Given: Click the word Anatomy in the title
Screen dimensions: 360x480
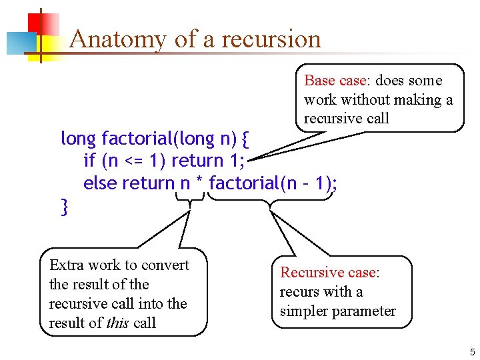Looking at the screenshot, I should point(117,39).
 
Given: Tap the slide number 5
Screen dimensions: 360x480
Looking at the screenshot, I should point(472,353).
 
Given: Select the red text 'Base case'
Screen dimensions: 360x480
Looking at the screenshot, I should point(335,81).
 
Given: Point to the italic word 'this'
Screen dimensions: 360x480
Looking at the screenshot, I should point(117,323).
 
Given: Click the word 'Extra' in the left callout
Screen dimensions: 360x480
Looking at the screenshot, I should point(67,265).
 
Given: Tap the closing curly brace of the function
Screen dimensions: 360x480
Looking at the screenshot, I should point(64,207).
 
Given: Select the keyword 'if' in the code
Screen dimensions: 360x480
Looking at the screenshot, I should point(89,161).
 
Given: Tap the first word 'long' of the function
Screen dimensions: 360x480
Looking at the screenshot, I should point(79,139).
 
